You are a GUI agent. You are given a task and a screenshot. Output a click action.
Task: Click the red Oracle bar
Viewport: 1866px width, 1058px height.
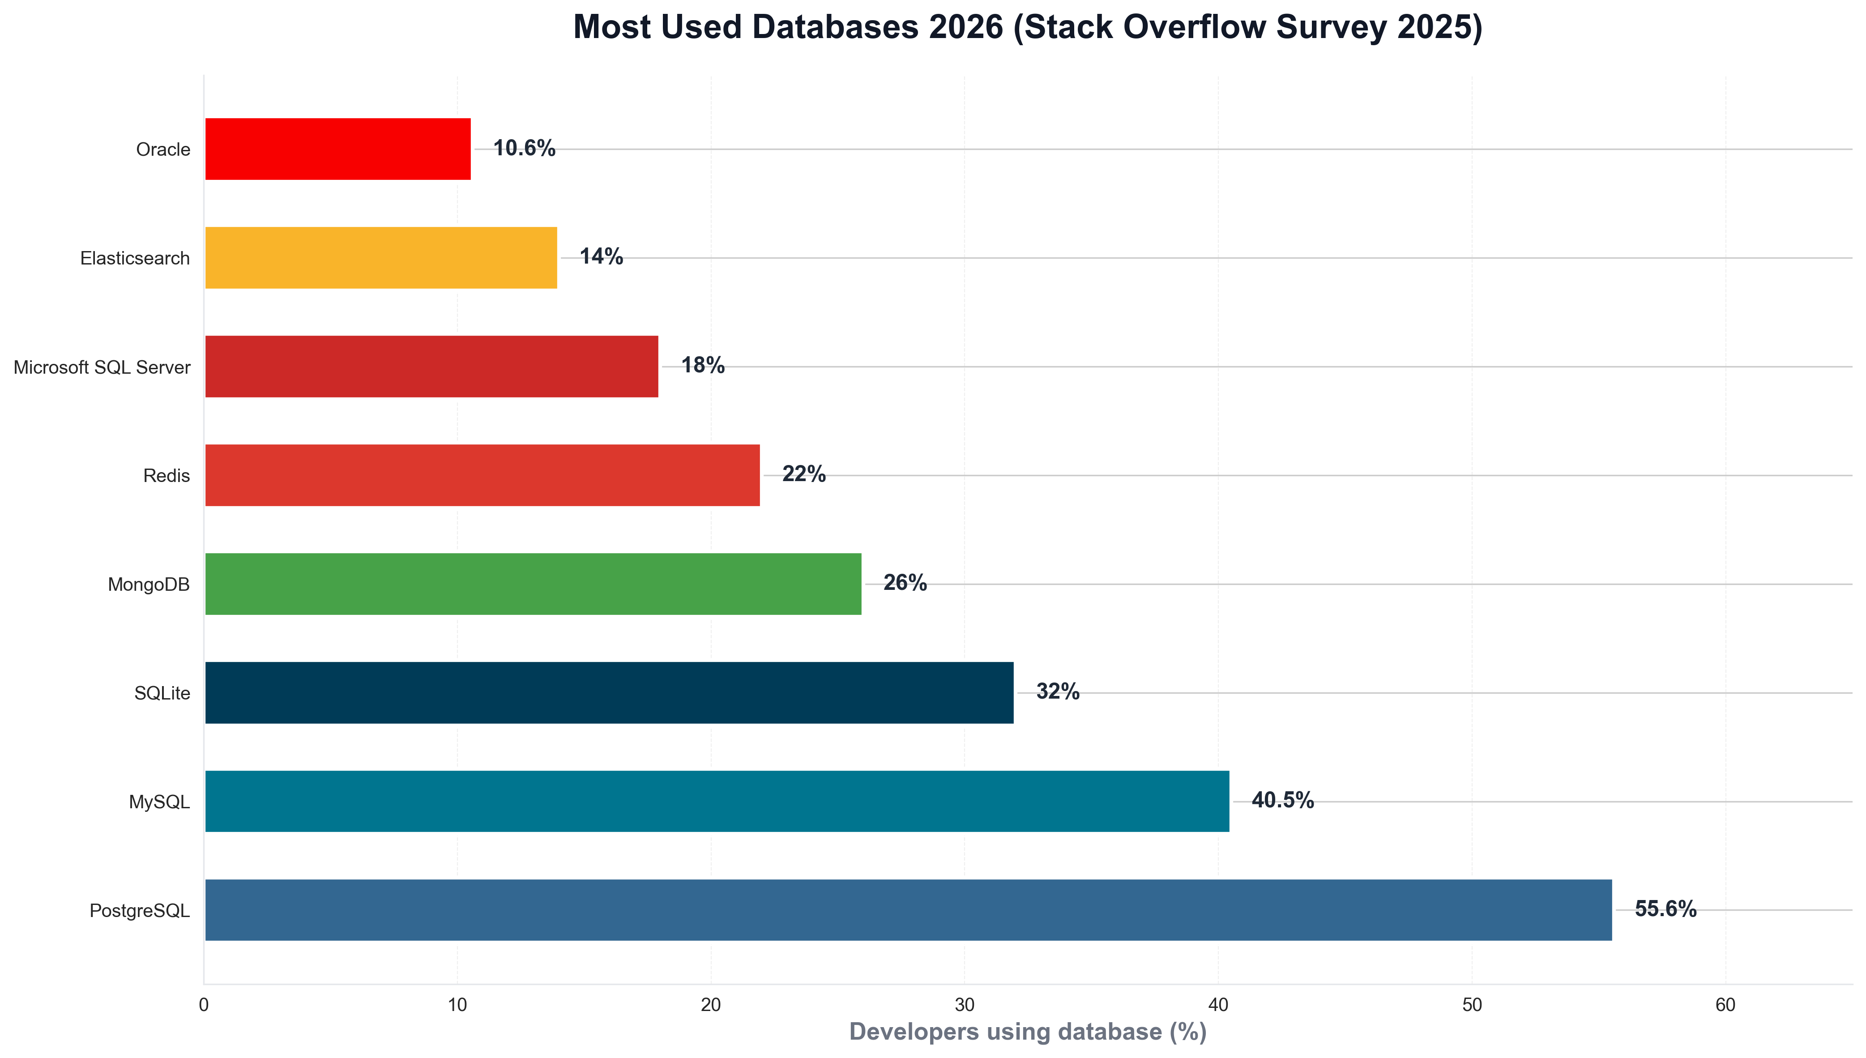pyautogui.click(x=338, y=149)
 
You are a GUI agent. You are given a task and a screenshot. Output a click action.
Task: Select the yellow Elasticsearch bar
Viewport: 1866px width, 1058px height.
pyautogui.click(x=381, y=258)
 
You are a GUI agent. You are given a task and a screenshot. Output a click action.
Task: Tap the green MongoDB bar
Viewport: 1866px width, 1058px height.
pyautogui.click(x=533, y=584)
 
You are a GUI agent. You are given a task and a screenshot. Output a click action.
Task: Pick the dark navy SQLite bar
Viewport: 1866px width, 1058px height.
pyautogui.click(x=609, y=692)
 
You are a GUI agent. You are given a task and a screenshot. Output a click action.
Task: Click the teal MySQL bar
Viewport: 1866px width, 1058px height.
pyautogui.click(x=717, y=802)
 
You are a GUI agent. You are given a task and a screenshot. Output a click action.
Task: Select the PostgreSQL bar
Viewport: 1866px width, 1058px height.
pyautogui.click(x=908, y=910)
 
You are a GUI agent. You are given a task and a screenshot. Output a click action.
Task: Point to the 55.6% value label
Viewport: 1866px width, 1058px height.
pyautogui.click(x=1665, y=909)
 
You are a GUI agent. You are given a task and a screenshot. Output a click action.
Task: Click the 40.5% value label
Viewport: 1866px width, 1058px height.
pyautogui.click(x=1282, y=801)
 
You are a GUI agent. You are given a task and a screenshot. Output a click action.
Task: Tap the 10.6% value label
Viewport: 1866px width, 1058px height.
pyautogui.click(x=524, y=148)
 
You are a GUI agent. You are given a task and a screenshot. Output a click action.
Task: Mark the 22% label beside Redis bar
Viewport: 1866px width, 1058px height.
pyautogui.click(x=804, y=474)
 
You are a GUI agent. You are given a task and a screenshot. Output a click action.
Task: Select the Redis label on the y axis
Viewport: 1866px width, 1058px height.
pyautogui.click(x=167, y=476)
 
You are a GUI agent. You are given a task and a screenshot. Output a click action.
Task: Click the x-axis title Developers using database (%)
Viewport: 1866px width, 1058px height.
pyautogui.click(x=1028, y=1032)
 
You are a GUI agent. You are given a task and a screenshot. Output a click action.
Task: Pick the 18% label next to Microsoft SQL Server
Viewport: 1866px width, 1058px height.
pyautogui.click(x=703, y=366)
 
